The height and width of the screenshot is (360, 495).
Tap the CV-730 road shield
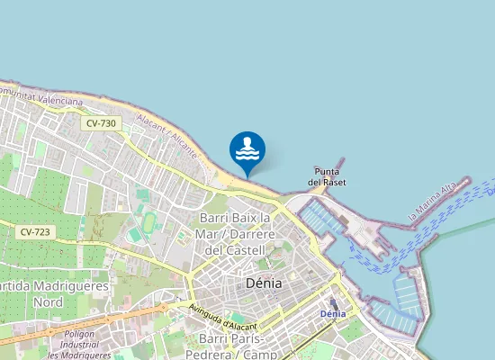[x=102, y=123]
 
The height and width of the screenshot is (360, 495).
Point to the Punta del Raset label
[x=328, y=176]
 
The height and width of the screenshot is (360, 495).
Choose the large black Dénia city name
[x=264, y=283]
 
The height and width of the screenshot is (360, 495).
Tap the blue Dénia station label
[x=333, y=314]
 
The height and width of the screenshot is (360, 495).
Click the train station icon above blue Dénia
[x=333, y=303]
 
